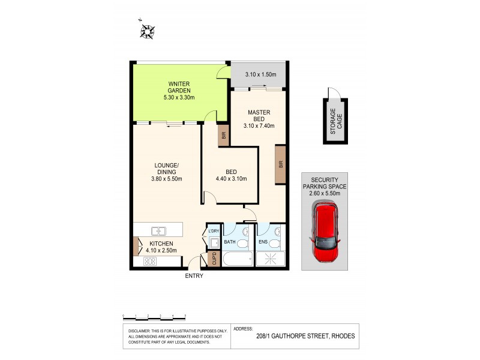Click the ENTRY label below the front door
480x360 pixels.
coord(194,276)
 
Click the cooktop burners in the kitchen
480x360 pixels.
coord(150,261)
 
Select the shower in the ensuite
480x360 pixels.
coord(269,259)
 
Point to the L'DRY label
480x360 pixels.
coord(214,231)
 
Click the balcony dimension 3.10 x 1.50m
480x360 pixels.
coord(260,74)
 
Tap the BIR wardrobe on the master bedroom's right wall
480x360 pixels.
coord(280,164)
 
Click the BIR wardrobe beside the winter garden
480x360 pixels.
coord(224,136)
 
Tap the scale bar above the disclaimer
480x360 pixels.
coord(154,316)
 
